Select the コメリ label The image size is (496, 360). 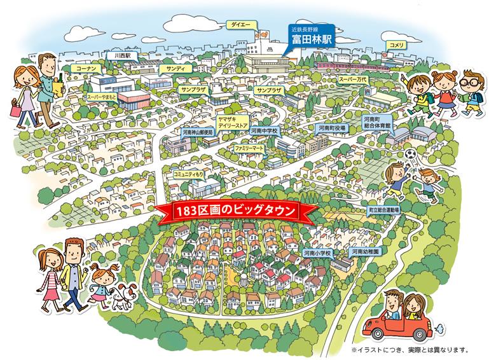tap(397, 45)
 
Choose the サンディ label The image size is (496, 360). tap(172, 67)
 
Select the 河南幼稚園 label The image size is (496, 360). tap(366, 252)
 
